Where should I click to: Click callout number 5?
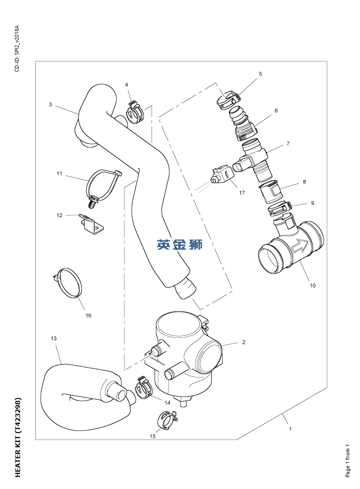point(261,74)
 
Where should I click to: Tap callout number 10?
point(313,286)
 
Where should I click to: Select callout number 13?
point(54,338)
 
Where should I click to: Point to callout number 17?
point(242,193)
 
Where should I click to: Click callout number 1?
point(290,429)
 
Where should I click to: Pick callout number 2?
point(243,342)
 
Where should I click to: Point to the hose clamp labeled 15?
point(166,420)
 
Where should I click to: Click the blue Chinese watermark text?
point(179,245)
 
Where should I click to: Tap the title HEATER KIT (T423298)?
point(18,437)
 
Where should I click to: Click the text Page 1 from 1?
point(348,460)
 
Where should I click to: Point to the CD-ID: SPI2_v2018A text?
point(17,48)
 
